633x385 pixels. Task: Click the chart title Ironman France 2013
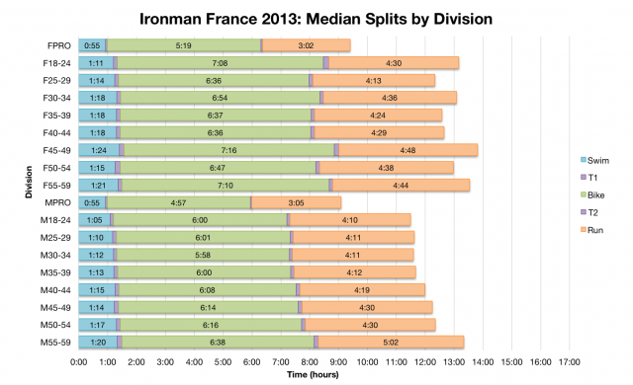316,19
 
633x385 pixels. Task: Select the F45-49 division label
56,150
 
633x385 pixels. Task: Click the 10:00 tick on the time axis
367,362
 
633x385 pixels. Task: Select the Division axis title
30,193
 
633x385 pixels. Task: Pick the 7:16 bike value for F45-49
228,150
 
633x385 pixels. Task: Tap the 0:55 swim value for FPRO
92,44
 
